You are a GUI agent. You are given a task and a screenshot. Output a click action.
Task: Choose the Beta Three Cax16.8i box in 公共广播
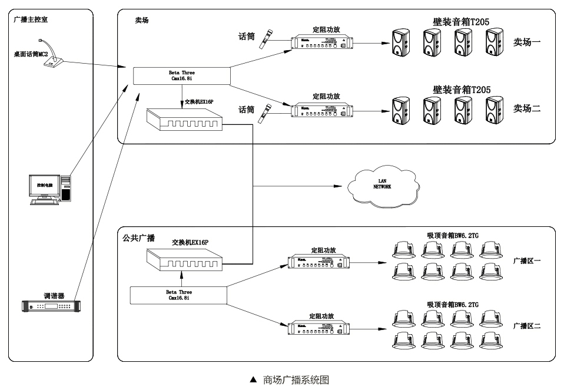click(178, 295)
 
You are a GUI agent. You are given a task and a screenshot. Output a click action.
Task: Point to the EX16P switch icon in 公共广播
click(184, 258)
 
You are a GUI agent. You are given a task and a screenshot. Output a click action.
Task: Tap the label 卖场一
click(526, 42)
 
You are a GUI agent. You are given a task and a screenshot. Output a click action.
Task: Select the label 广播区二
click(526, 325)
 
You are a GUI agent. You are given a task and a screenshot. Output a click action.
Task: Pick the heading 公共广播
click(139, 238)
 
